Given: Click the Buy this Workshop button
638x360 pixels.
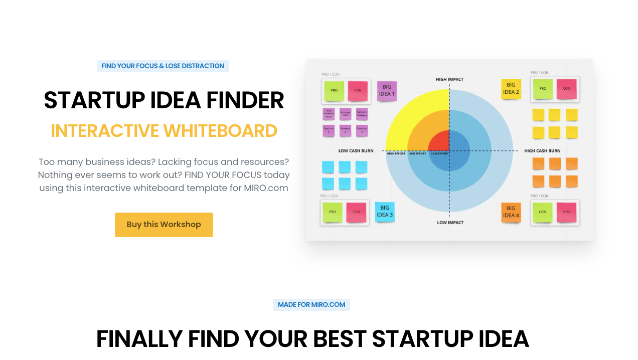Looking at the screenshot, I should click(x=164, y=225).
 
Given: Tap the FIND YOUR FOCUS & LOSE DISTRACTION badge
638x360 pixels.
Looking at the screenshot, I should click(x=163, y=66).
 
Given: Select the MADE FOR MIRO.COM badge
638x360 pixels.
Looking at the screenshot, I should click(x=311, y=305).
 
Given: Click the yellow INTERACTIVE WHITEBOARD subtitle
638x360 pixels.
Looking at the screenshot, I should click(x=164, y=131).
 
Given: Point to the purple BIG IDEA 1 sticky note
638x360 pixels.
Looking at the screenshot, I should click(x=386, y=91).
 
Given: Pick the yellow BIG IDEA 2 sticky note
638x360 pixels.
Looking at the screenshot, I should click(x=511, y=89).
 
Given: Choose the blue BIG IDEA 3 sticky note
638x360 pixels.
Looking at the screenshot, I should click(x=384, y=212).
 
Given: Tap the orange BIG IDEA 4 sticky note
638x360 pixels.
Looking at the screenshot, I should click(x=511, y=212).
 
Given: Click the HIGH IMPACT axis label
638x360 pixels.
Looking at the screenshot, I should click(x=449, y=79).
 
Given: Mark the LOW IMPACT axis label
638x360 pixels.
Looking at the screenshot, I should click(x=449, y=223).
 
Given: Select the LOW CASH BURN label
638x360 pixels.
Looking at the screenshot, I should click(x=356, y=150).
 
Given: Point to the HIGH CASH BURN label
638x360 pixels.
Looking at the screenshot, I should click(x=542, y=150).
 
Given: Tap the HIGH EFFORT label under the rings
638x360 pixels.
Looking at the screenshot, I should click(x=396, y=153).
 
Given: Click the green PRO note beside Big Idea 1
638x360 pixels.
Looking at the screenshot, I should click(x=334, y=91).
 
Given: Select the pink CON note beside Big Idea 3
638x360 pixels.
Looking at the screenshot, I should click(x=356, y=212).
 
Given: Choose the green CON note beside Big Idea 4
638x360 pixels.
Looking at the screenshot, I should click(x=542, y=212).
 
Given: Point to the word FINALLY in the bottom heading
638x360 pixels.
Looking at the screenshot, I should click(x=139, y=339).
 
